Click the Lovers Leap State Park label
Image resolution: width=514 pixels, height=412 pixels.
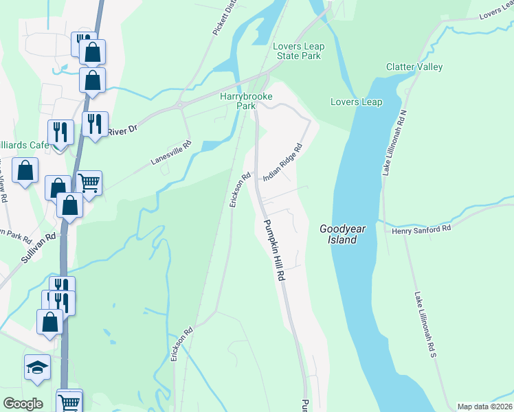click(x=297, y=51)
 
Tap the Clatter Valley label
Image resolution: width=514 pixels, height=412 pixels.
click(x=414, y=67)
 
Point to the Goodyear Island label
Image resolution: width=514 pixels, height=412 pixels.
click(x=338, y=234)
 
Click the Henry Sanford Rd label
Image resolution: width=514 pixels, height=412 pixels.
click(x=421, y=230)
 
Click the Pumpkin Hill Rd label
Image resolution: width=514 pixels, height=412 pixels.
click(x=273, y=248)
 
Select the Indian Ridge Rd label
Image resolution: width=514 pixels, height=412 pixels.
click(x=283, y=162)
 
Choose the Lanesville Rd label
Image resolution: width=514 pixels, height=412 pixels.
click(x=172, y=153)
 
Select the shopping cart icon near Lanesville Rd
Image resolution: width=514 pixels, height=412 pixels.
click(x=89, y=183)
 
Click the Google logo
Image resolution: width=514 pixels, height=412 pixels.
click(x=23, y=403)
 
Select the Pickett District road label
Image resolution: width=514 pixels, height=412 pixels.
click(x=220, y=19)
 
